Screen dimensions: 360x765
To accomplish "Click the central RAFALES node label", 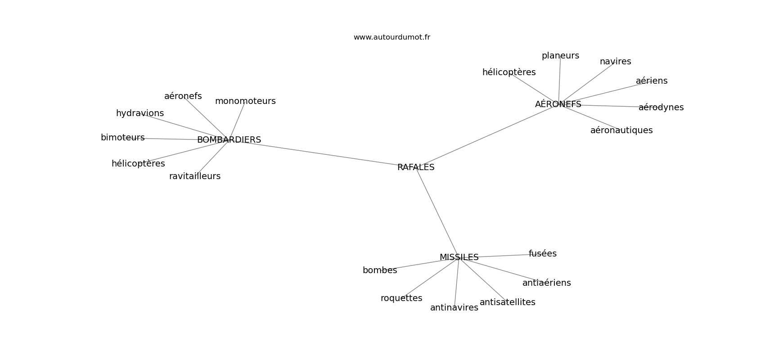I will pos(416,167).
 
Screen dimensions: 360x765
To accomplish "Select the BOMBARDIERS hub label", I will pos(229,140).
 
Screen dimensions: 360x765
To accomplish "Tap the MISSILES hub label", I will pos(459,257).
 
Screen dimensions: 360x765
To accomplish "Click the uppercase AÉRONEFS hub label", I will pos(558,104).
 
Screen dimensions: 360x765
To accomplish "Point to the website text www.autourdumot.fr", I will pos(391,37).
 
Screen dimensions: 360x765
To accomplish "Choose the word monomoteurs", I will pos(245,101).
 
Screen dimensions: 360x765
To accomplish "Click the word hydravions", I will pos(140,113).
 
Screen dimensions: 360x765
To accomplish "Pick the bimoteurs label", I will pos(122,138).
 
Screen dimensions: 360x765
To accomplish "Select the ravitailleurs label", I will pos(195,176).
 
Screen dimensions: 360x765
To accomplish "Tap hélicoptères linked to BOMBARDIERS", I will pos(138,164).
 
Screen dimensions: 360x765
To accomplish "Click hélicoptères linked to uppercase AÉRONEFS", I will pos(509,72).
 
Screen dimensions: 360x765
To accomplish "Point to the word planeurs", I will pos(560,56).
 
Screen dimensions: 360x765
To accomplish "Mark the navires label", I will pos(615,62).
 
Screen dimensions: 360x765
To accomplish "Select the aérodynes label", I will pos(661,108).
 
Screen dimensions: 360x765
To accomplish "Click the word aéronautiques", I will pos(621,130).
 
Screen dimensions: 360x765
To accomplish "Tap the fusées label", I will pos(543,254).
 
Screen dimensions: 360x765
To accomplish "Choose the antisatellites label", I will pos(508,302).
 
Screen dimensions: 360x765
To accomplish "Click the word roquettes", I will pos(401,298).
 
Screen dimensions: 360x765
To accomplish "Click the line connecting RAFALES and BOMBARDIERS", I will pos(322,153).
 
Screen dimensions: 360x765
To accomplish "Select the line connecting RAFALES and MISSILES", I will pos(437,212).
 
